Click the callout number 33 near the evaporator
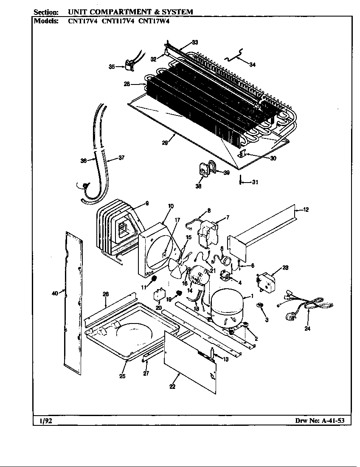pyautogui.click(x=195, y=42)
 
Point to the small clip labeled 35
pyautogui.click(x=129, y=66)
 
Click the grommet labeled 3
pyautogui.click(x=259, y=306)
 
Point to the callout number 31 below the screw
pyautogui.click(x=254, y=183)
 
